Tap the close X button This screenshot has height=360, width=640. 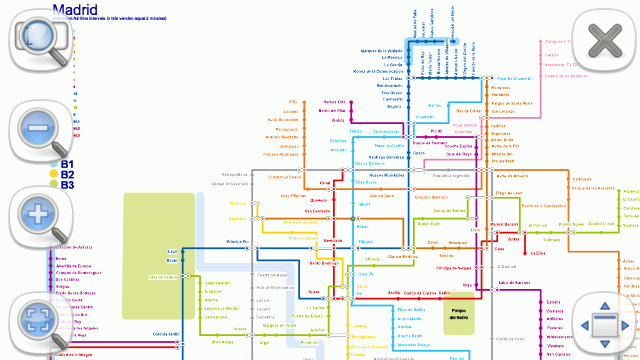click(x=606, y=41)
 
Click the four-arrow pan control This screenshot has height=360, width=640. click(x=605, y=325)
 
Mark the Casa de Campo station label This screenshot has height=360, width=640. click(x=162, y=276)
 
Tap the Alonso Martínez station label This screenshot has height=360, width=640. click(x=401, y=257)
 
